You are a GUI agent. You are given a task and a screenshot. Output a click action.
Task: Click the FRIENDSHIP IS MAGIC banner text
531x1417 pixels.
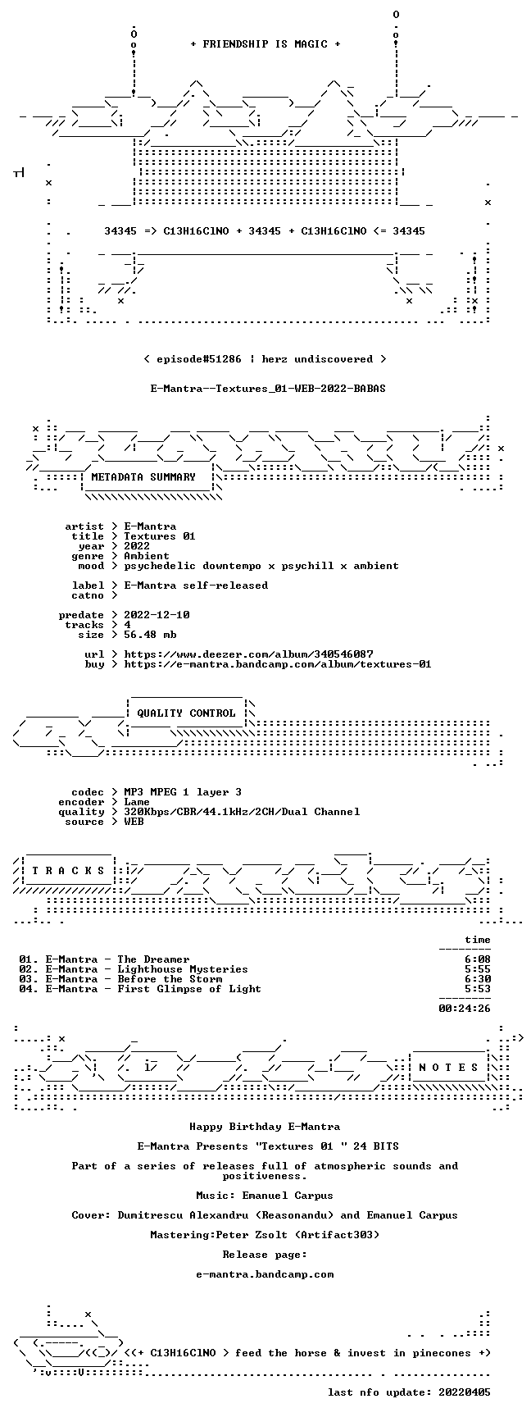click(x=265, y=44)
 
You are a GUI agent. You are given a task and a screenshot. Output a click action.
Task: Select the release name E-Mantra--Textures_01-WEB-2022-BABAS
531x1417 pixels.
click(x=268, y=389)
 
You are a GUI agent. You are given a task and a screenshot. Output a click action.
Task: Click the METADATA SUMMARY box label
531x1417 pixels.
click(x=143, y=477)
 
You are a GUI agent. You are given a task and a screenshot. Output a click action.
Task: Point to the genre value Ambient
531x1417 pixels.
click(x=147, y=556)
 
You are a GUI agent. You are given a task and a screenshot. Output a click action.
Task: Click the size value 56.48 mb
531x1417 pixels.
click(x=150, y=635)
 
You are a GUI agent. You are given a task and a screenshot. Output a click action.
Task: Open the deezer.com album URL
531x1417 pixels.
click(x=248, y=654)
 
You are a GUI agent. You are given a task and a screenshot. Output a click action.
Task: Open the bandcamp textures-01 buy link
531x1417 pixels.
click(x=278, y=664)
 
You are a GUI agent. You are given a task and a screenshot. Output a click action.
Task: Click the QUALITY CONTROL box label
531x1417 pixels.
click(x=186, y=713)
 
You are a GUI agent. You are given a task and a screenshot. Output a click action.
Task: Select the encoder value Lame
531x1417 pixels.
click(x=137, y=802)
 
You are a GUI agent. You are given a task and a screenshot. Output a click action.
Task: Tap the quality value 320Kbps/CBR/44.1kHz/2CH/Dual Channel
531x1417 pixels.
click(x=242, y=812)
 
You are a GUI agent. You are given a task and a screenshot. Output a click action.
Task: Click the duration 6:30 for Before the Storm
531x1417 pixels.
click(x=478, y=979)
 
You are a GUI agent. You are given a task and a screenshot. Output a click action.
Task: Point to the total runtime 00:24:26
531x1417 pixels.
click(x=465, y=1009)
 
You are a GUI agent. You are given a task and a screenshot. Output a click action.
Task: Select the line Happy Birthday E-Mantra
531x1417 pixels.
click(x=265, y=1127)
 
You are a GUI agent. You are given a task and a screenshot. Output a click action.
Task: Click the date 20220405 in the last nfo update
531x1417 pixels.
click(x=465, y=1392)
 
